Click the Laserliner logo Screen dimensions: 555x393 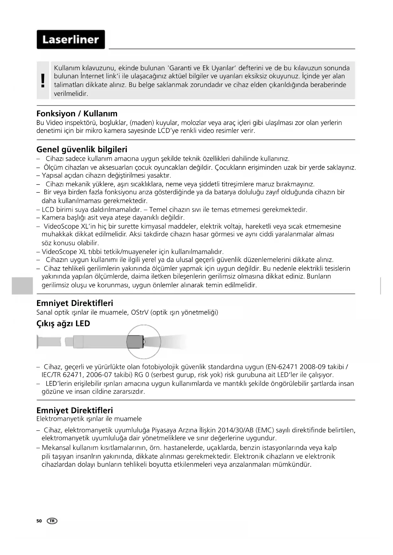coord(71,40)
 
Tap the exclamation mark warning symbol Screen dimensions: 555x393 coord(43,80)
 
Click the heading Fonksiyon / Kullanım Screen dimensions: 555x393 coord(77,114)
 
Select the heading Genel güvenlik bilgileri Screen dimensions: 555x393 coord(82,149)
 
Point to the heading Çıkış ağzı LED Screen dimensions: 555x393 coord(63,323)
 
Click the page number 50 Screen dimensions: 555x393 coord(39,521)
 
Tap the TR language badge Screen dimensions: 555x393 coord(52,521)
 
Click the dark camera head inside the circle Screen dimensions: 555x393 coord(135,342)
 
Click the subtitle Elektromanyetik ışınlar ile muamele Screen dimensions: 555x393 coord(89,419)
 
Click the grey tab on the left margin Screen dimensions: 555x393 coord(22,286)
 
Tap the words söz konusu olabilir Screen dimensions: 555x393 coord(70,243)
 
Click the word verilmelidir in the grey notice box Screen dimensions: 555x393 coord(71,94)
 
